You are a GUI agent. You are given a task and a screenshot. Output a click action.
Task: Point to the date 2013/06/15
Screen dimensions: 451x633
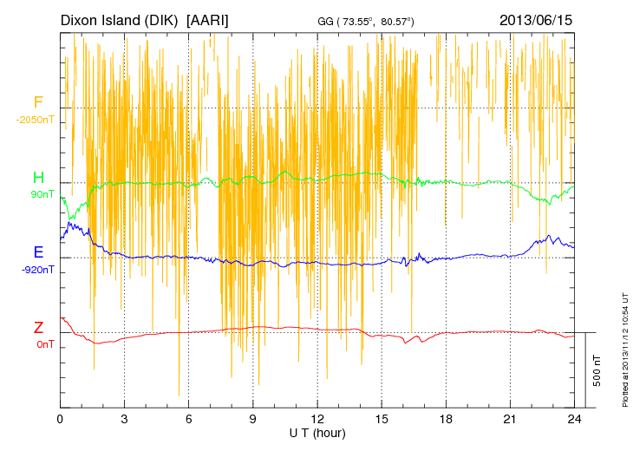pyautogui.click(x=536, y=19)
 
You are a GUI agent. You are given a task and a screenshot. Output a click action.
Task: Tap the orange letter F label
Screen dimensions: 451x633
pyautogui.click(x=37, y=103)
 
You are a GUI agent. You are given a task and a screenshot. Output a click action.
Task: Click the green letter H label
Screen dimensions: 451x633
pyautogui.click(x=38, y=178)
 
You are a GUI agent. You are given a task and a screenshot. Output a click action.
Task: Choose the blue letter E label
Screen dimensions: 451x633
pyautogui.click(x=38, y=252)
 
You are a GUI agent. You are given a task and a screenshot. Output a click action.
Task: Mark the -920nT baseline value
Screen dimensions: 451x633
pyautogui.click(x=38, y=269)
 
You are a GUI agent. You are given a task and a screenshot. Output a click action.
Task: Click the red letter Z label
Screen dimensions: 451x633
pyautogui.click(x=38, y=328)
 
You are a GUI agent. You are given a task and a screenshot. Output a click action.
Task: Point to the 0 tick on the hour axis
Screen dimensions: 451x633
pyautogui.click(x=60, y=418)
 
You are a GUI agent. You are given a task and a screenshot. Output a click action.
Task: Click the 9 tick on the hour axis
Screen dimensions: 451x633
pyautogui.click(x=253, y=418)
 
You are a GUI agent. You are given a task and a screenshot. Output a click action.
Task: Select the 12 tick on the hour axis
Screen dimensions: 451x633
pyautogui.click(x=317, y=418)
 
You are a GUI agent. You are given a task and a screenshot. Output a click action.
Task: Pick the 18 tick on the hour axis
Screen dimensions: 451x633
pyautogui.click(x=446, y=418)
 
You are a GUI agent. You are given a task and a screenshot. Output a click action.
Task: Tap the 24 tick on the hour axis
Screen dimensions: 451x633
pyautogui.click(x=574, y=418)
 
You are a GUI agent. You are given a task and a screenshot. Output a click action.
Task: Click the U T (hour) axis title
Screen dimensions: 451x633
pyautogui.click(x=316, y=432)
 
